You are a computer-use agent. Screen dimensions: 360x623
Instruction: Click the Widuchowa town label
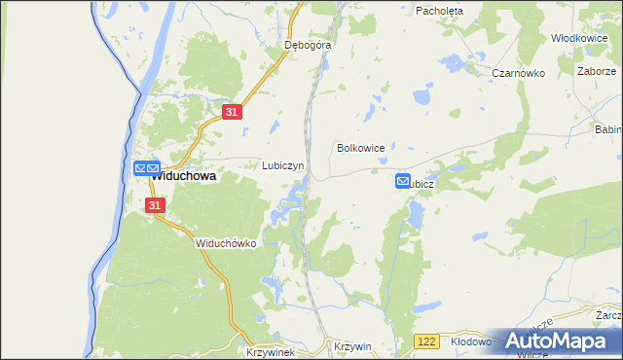click(184, 177)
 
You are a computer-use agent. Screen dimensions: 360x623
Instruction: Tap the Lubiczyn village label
click(283, 165)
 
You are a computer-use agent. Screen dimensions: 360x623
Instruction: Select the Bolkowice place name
click(360, 148)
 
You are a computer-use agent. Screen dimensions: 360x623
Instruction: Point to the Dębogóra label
click(308, 45)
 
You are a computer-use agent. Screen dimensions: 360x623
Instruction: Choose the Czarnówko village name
click(516, 73)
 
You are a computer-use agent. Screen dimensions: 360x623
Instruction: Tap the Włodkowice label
click(579, 38)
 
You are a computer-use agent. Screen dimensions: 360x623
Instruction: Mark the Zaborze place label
click(596, 72)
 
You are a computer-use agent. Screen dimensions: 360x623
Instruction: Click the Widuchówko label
click(225, 243)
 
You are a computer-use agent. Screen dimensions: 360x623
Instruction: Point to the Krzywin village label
click(352, 346)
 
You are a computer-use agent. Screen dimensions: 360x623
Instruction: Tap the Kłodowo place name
click(472, 342)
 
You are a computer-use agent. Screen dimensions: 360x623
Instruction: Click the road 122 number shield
click(424, 342)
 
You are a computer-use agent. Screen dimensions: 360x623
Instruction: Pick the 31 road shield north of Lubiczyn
click(231, 113)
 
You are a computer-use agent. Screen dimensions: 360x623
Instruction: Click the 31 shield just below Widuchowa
click(156, 205)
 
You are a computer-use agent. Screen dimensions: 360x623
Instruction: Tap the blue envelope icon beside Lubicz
click(403, 181)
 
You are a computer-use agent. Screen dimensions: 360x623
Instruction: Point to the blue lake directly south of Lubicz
click(418, 213)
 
